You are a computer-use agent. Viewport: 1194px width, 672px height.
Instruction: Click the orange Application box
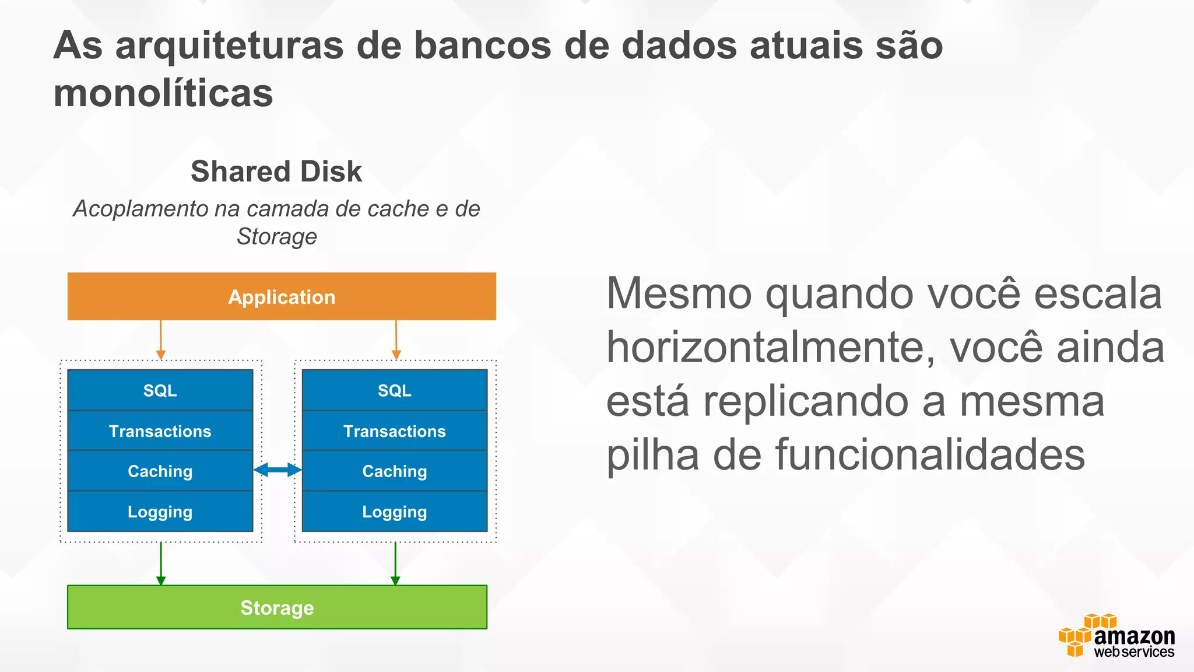tap(282, 296)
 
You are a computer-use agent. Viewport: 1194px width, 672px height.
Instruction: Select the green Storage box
tap(277, 607)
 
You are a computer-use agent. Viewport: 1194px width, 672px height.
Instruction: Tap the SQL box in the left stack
tap(160, 390)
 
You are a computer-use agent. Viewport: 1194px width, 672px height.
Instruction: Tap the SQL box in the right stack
tap(395, 390)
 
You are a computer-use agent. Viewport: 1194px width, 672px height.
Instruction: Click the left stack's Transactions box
tap(160, 431)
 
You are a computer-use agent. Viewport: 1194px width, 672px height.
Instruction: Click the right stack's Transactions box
tap(395, 431)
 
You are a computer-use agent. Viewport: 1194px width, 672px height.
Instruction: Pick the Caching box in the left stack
tap(160, 471)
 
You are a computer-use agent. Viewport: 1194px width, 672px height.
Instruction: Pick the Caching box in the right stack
tap(395, 471)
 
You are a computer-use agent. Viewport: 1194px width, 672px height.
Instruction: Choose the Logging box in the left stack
tap(160, 512)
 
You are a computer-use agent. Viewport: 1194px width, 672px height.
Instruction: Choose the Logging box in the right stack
tap(395, 512)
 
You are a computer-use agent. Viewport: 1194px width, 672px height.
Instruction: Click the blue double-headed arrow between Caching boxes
tap(278, 470)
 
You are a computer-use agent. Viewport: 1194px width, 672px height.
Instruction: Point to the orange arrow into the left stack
tap(161, 339)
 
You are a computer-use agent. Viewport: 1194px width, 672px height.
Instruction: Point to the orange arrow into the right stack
tap(396, 339)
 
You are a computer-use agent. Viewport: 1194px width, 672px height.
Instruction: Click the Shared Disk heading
tap(276, 171)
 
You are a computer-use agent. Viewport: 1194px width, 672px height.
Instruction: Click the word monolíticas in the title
tap(163, 93)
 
